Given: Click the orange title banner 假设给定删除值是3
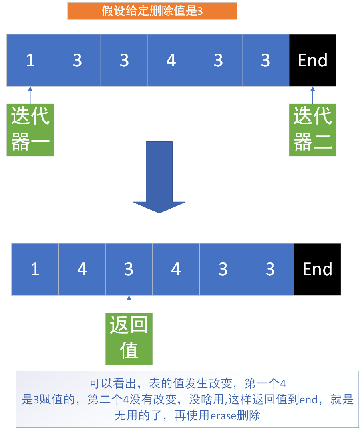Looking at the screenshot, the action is (152, 11).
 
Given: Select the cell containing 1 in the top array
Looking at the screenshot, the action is (30, 60).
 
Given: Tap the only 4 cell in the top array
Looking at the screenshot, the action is (171, 60).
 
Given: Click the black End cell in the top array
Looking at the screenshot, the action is (312, 60).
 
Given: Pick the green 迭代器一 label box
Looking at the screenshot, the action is (30, 130).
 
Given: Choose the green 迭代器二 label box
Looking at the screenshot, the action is (312, 130).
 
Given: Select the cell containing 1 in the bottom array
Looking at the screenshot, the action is (35, 269).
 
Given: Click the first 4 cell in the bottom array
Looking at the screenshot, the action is (82, 269).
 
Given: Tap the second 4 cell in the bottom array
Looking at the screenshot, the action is (176, 269).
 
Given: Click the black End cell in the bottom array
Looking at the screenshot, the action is (317, 269).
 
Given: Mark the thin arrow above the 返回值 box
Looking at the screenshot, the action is (129, 304).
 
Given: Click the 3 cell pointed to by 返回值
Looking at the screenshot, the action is (129, 269).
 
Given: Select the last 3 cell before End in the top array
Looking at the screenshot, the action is (265, 60).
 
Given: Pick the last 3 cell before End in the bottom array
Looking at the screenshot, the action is (270, 269).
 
